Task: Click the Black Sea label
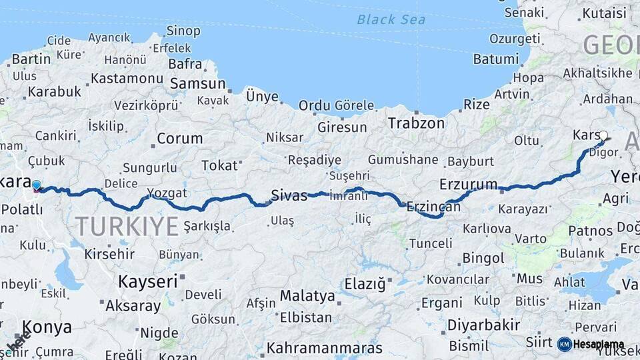(x=391, y=19)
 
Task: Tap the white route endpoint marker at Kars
(x=603, y=136)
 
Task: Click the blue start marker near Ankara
(x=36, y=185)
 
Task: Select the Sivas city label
(x=289, y=195)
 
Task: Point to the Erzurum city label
(x=469, y=184)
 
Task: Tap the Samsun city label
(x=198, y=84)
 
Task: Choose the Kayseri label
(x=147, y=281)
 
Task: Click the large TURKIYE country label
(x=127, y=227)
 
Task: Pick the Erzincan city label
(x=433, y=207)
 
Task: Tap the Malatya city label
(x=307, y=295)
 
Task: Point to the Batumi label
(x=496, y=59)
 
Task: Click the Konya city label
(x=47, y=327)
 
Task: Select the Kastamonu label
(x=127, y=78)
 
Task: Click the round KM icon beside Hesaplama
(x=564, y=344)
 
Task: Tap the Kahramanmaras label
(x=325, y=348)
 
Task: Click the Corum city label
(x=179, y=139)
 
